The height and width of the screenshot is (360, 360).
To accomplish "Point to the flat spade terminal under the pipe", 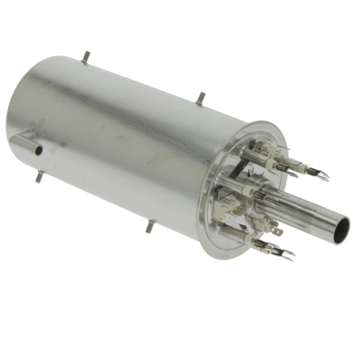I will coord(276,230).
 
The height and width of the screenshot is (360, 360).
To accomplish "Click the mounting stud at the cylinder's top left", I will coord(85,56).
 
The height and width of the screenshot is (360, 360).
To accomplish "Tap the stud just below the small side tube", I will coord(39,175).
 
